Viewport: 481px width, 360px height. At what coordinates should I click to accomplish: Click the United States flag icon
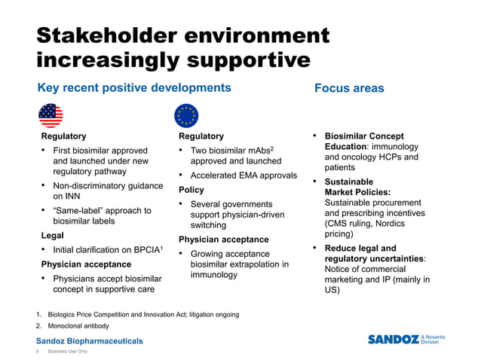click(x=51, y=115)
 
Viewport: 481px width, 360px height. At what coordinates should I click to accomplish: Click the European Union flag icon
click(x=186, y=115)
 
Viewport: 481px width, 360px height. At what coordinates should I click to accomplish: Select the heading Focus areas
click(x=349, y=88)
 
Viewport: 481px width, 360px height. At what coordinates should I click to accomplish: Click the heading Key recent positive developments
click(x=134, y=88)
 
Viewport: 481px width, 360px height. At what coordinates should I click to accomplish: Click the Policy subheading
click(x=191, y=190)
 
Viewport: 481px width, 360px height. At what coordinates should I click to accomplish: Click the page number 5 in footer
click(x=39, y=352)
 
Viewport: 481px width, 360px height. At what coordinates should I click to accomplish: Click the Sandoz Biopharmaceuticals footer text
click(x=90, y=341)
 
